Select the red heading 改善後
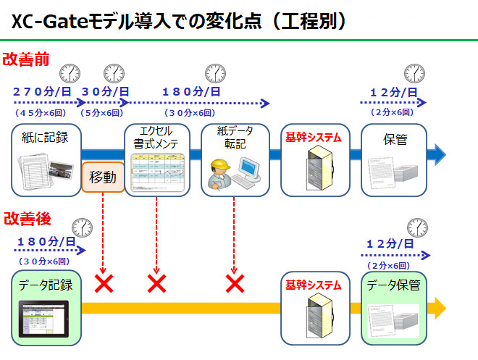coord(26,217)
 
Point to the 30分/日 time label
coord(105,92)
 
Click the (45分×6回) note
coord(41,112)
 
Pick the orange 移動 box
coord(103,177)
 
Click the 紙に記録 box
coord(46,159)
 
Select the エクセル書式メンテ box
coord(157,159)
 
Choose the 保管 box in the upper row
coord(395,159)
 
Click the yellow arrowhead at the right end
coord(437,308)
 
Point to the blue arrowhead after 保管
coord(437,154)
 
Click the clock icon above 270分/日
coord(70,72)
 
